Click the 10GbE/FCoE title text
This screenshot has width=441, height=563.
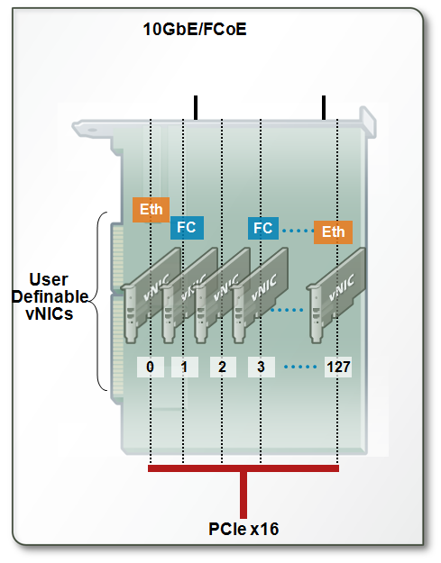point(195,30)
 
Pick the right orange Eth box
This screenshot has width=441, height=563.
point(333,232)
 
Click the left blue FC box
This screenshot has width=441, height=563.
point(188,228)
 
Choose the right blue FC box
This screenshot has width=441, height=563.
point(263,228)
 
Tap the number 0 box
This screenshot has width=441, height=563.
point(151,367)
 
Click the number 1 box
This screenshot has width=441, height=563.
point(185,367)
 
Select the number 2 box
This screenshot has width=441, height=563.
point(221,367)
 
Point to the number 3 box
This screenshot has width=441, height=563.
point(259,367)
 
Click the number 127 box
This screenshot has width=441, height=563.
point(339,367)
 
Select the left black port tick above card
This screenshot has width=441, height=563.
point(195,106)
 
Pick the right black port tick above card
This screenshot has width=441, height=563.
point(324,106)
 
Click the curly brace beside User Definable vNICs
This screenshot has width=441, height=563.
point(102,302)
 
